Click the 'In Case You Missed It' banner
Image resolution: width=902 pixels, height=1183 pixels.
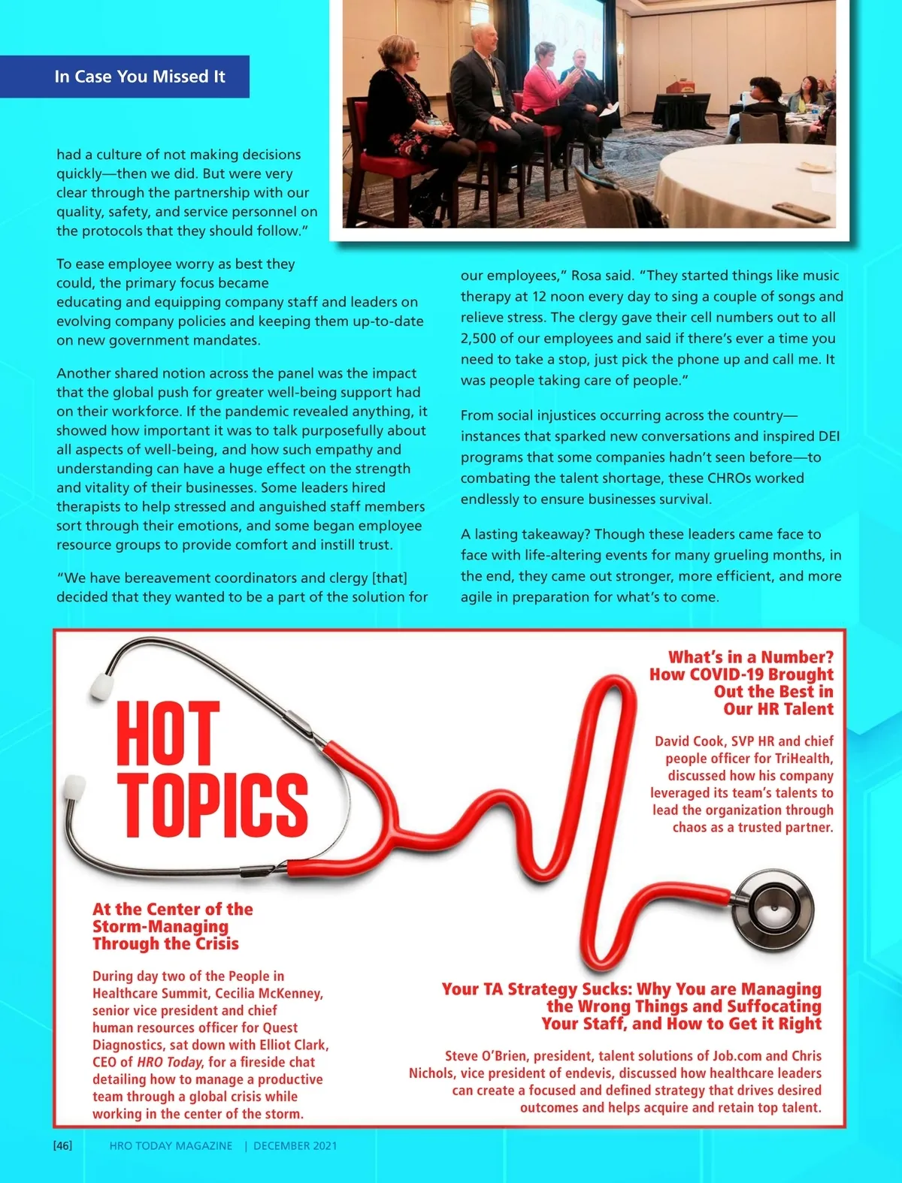tap(140, 77)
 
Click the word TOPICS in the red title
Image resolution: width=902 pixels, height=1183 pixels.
tap(212, 804)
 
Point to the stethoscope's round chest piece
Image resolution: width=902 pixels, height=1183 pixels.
tap(773, 913)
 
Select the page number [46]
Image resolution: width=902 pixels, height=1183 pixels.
tap(63, 1145)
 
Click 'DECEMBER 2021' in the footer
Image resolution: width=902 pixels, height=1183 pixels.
tap(295, 1145)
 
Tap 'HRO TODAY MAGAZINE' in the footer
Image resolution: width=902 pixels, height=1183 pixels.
tap(171, 1145)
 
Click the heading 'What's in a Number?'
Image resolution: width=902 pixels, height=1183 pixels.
tap(751, 657)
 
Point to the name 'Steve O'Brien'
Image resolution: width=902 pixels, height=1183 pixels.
tap(486, 1056)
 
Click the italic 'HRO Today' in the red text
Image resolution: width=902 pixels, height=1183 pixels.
tap(169, 1062)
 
